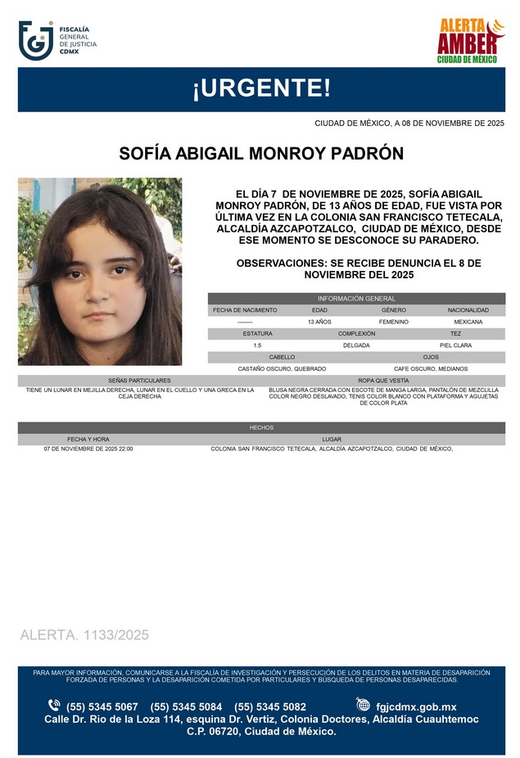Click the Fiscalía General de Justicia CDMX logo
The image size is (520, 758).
click(x=57, y=41)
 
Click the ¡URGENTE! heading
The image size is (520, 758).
click(x=261, y=89)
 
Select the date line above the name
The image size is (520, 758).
click(x=409, y=123)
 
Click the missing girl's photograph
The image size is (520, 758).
click(x=100, y=271)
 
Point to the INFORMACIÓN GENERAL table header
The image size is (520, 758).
click(x=356, y=299)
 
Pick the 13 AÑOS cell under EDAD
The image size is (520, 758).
click(x=319, y=323)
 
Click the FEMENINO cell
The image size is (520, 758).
click(x=394, y=323)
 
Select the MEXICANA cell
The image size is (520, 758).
click(x=468, y=323)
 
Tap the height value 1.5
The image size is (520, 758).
click(x=257, y=345)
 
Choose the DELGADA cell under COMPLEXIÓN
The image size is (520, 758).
click(x=356, y=345)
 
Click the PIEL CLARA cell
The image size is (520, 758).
click(x=455, y=345)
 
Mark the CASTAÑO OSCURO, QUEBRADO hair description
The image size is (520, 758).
click(x=282, y=369)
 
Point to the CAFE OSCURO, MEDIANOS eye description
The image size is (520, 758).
click(x=431, y=369)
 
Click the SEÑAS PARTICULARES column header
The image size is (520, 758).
click(x=139, y=381)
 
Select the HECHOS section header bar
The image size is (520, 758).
click(x=261, y=427)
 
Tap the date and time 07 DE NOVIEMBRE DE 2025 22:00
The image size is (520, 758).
click(x=88, y=449)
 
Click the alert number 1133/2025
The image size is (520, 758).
click(x=84, y=635)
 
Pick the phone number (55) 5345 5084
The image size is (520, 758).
click(x=186, y=706)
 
